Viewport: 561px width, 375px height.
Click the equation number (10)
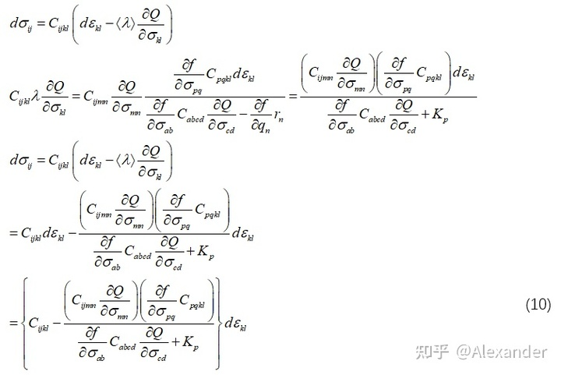[x=538, y=302]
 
